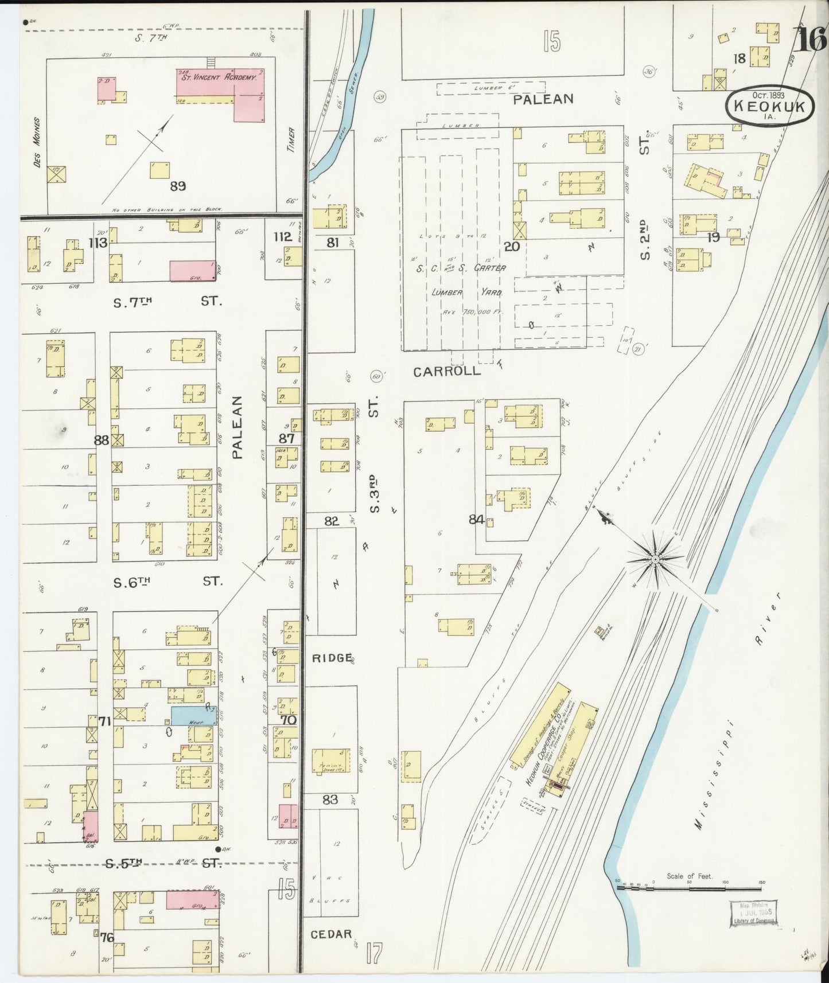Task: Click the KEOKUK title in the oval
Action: tap(769, 107)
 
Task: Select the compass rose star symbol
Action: tap(655, 558)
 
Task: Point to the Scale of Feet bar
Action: tap(689, 888)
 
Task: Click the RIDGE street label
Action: tap(332, 658)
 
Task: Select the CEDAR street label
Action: tap(331, 934)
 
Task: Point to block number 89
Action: tap(178, 186)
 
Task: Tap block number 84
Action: tap(476, 520)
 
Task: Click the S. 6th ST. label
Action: tap(166, 582)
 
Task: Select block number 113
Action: tap(98, 243)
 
